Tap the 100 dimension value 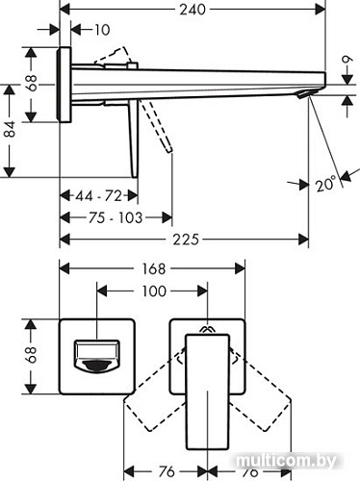pos(153,291)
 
